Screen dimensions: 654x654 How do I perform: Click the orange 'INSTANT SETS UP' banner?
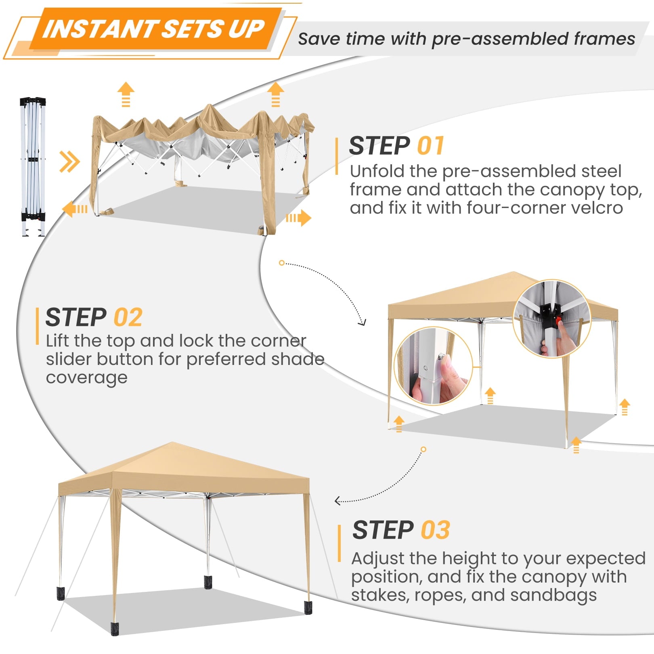pos(155,29)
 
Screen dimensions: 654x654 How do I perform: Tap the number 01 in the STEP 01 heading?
pos(430,146)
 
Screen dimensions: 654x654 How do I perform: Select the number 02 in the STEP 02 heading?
pos(128,317)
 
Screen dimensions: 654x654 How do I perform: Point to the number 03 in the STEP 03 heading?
pos(435,530)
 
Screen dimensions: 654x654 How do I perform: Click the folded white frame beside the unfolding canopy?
pos(33,166)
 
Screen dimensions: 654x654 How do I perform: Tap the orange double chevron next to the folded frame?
pos(69,162)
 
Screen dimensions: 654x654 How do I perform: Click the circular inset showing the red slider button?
pos(551,319)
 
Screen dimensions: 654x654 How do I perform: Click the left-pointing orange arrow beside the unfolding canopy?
pos(75,209)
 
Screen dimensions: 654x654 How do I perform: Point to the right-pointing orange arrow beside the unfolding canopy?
pos(298,218)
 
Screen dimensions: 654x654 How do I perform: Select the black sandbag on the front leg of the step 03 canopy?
pos(115,629)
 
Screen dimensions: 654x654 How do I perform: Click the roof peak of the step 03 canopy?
pos(173,443)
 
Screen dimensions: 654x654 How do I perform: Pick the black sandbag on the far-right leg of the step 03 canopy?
pos(308,608)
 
